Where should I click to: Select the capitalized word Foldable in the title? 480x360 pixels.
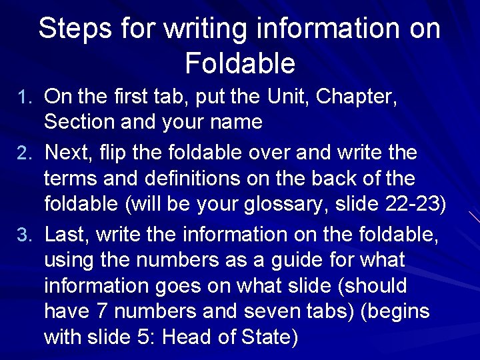(239, 63)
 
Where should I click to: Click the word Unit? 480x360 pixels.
(285, 97)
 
